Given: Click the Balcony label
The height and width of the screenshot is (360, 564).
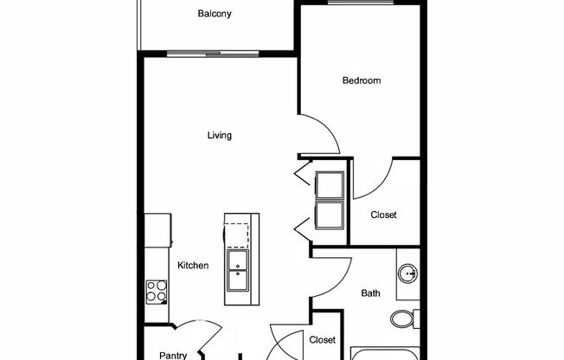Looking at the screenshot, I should point(214,14).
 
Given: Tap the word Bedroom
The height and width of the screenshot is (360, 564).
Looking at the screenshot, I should point(362,80).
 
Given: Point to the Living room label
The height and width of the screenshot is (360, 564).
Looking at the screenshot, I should point(219,135).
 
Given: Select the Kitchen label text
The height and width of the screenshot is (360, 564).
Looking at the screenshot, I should point(193,266).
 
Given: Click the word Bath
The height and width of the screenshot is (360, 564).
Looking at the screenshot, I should point(370,293).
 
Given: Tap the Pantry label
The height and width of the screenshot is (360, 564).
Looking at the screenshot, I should point(173,355).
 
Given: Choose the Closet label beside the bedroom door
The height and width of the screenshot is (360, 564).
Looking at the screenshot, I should point(383,215).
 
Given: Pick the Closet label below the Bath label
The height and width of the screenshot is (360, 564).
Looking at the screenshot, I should point(322,340).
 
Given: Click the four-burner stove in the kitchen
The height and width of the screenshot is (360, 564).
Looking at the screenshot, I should point(157,291).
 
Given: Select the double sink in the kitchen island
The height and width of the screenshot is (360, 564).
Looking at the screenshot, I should point(238,273).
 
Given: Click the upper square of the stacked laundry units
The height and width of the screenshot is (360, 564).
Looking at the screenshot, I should point(330,186).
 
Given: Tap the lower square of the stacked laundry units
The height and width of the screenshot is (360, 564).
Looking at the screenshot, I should point(330,215).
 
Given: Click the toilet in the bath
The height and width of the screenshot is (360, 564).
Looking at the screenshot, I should point(402,318).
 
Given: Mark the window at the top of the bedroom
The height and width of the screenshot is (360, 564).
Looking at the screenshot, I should point(360,3).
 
